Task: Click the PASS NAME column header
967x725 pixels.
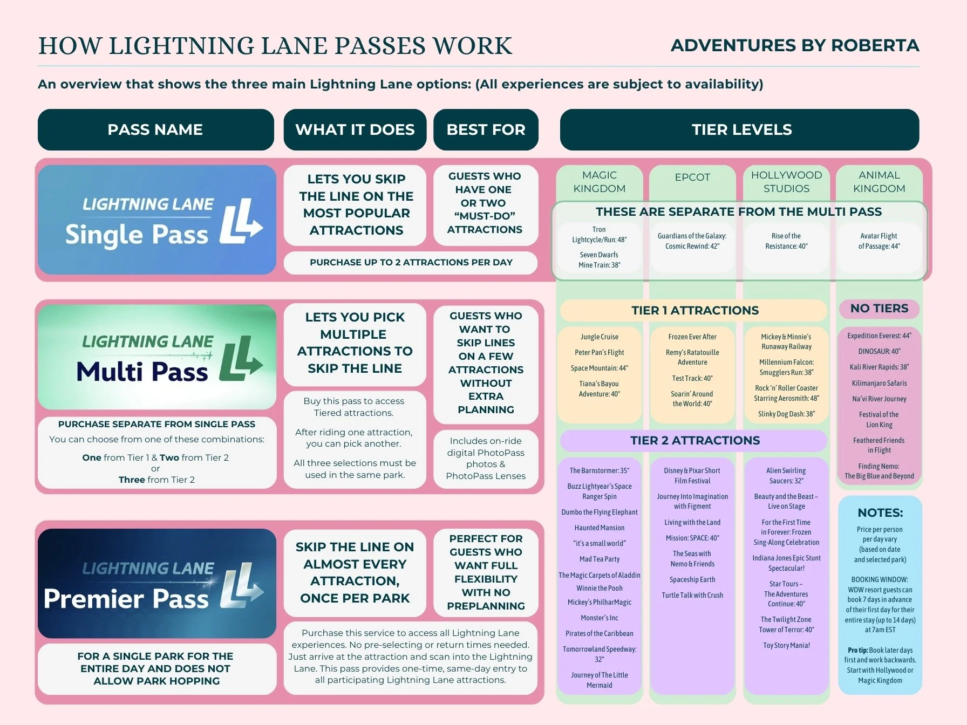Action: point(155,129)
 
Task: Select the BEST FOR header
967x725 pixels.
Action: point(486,129)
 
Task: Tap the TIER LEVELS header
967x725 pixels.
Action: point(741,129)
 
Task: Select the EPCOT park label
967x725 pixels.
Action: point(692,177)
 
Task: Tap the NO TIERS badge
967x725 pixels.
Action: point(879,309)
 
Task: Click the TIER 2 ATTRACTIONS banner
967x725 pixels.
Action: point(694,440)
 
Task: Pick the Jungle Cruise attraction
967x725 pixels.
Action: point(600,337)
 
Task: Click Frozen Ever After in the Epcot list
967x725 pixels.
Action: point(692,337)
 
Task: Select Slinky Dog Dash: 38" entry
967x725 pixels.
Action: point(786,414)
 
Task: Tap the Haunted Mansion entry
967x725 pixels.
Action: point(600,528)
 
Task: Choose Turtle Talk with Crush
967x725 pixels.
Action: point(692,595)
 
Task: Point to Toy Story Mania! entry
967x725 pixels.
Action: point(786,645)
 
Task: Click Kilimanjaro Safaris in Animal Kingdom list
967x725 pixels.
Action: point(879,383)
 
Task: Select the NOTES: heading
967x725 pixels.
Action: point(880,512)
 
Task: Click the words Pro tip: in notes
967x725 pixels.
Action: point(857,650)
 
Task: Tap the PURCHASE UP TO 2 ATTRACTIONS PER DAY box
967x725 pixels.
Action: point(411,263)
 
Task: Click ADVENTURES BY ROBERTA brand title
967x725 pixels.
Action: point(794,45)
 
